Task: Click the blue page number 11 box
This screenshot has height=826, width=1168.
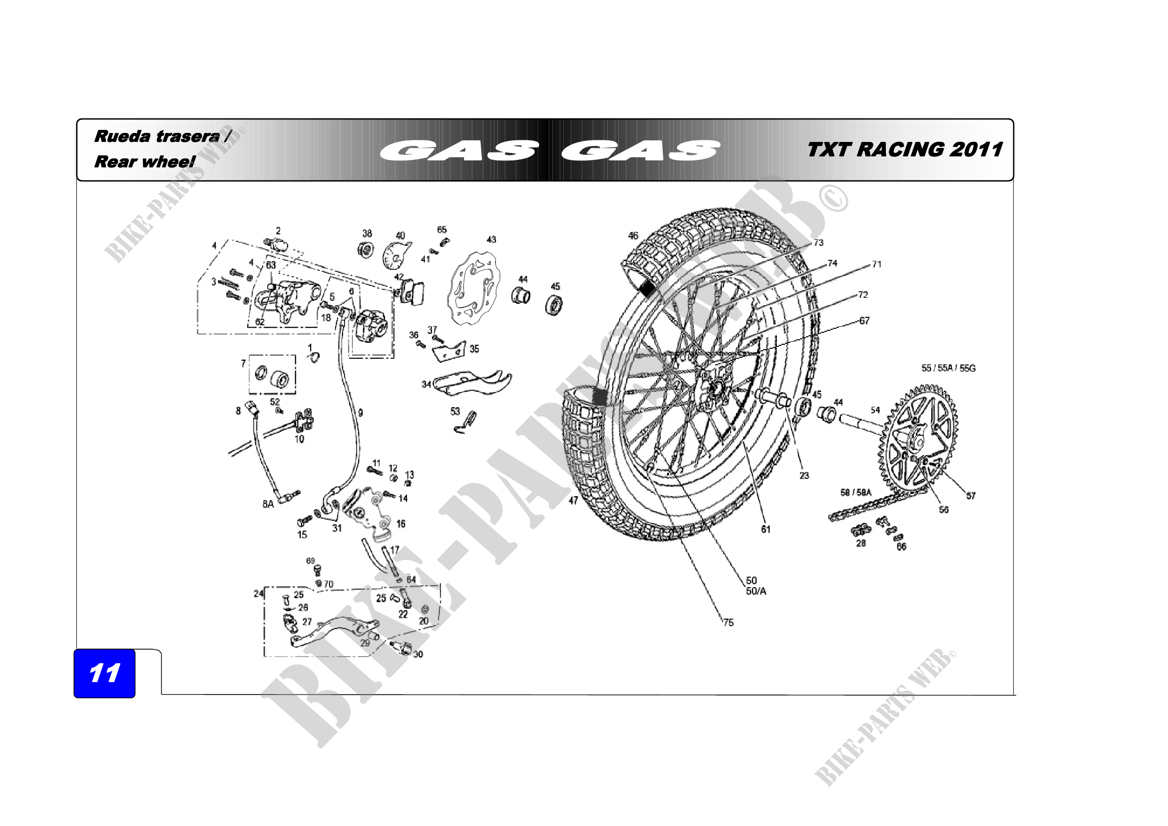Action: [x=104, y=673]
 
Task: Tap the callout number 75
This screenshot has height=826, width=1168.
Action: [x=728, y=623]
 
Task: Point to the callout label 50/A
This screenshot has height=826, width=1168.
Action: [x=756, y=591]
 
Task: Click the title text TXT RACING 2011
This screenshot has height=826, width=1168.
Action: [x=904, y=149]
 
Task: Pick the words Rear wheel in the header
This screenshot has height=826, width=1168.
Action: [x=144, y=162]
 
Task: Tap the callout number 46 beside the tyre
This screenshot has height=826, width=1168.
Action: [x=633, y=236]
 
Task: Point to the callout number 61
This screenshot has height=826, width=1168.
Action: [x=766, y=529]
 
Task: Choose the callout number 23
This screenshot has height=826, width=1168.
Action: [x=804, y=476]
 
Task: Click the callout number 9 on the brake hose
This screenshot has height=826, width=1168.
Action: [x=360, y=413]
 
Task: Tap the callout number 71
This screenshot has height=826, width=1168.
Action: [x=876, y=264]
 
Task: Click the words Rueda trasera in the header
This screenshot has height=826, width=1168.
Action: [x=157, y=136]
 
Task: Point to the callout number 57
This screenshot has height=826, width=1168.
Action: [x=971, y=496]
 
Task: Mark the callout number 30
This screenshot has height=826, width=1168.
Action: [x=417, y=654]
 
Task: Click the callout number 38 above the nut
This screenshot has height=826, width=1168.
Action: [x=367, y=233]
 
